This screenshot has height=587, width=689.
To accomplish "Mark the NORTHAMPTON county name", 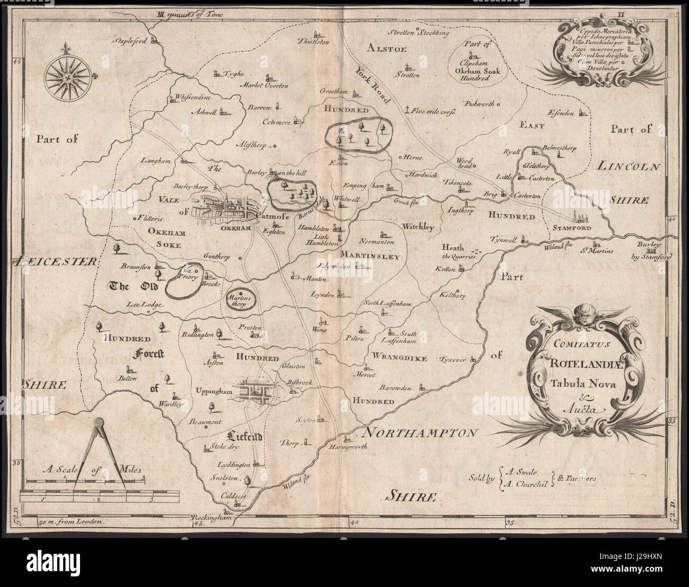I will (x=417, y=433).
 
